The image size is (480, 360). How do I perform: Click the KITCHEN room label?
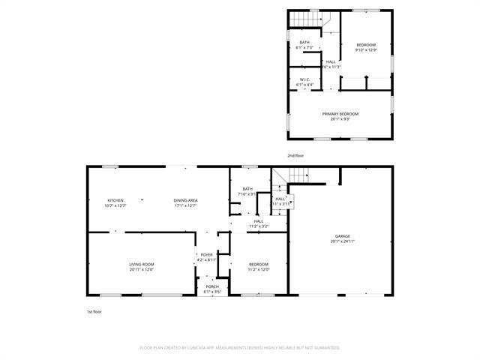[115, 200]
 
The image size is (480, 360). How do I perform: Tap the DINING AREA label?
[185, 200]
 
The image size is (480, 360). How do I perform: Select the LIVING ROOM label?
[141, 264]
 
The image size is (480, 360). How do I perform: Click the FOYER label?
[206, 255]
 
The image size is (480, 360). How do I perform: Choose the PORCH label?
[212, 287]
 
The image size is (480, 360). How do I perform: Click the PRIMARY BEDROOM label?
[340, 113]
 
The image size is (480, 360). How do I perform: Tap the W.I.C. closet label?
[304, 79]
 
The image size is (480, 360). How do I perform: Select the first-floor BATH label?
[247, 189]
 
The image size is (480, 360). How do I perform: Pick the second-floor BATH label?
[304, 42]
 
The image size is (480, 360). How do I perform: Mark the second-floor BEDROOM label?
[366, 45]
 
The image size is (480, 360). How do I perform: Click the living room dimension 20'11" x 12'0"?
[141, 269]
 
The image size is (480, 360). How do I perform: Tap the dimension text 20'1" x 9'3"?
[340, 118]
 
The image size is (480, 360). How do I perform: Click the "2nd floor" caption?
[295, 155]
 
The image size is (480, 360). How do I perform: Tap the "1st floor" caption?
[94, 310]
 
